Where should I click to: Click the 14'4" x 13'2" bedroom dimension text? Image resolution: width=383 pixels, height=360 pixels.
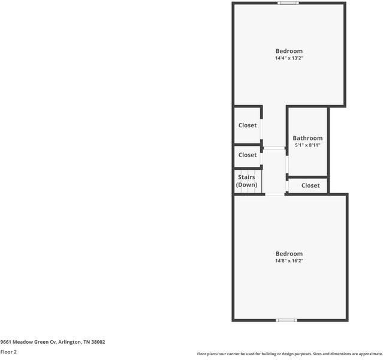[289, 59]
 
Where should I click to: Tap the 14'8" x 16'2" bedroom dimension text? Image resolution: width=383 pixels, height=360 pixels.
[289, 261]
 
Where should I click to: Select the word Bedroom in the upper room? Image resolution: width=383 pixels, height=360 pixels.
[289, 51]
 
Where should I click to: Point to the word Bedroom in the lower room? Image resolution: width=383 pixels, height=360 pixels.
[289, 253]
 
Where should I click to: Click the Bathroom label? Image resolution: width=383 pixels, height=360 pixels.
[307, 138]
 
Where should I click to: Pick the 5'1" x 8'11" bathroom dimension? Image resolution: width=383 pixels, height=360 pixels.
[307, 145]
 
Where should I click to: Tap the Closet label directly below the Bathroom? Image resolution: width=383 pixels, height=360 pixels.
[310, 185]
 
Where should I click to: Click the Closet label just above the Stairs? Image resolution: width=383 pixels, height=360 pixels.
[248, 155]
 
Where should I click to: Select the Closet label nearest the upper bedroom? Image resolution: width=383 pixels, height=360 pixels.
[248, 125]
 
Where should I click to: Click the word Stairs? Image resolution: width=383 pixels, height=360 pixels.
[247, 177]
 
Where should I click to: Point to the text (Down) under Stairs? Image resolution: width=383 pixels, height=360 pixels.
[247, 185]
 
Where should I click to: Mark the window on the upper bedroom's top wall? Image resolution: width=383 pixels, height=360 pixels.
[288, 3]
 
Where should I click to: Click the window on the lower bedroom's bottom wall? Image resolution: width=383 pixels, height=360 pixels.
[287, 320]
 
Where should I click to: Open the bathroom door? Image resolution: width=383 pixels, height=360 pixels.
[288, 164]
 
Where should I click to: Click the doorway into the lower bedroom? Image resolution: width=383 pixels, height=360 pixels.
[275, 194]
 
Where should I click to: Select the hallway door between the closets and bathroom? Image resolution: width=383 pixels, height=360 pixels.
[275, 148]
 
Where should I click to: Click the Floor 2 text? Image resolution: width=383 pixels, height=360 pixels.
[8, 352]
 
